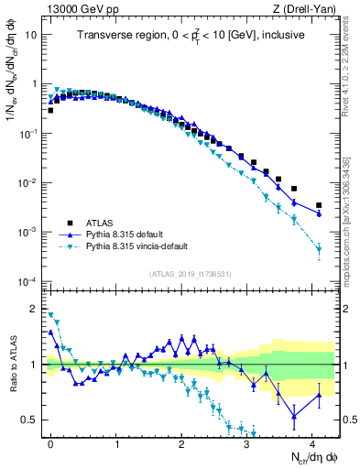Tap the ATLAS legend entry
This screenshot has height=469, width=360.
pyautogui.click(x=102, y=221)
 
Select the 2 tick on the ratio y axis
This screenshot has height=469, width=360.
pyautogui.click(x=33, y=309)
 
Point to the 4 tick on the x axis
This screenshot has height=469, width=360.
pyautogui.click(x=312, y=442)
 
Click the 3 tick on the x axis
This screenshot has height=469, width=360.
pyautogui.click(x=247, y=442)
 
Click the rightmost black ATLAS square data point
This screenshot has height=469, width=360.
pyautogui.click(x=319, y=206)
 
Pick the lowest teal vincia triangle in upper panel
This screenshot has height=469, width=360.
pyautogui.click(x=319, y=249)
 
